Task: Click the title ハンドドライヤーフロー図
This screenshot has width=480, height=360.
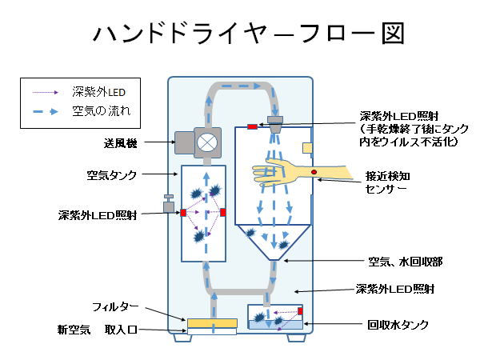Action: (247, 33)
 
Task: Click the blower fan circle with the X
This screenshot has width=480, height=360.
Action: (207, 143)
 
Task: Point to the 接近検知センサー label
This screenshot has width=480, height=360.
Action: (389, 182)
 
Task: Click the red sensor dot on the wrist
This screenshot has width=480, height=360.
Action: (314, 173)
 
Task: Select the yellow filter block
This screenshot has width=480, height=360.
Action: (212, 324)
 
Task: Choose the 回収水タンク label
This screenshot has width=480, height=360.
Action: (398, 326)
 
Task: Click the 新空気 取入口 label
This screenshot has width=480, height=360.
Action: (99, 330)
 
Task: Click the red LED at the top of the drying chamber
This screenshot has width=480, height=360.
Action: (251, 127)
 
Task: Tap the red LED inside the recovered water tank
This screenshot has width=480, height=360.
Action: (301, 311)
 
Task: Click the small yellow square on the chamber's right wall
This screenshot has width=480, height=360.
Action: (306, 147)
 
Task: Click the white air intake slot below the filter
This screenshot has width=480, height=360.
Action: (212, 333)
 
